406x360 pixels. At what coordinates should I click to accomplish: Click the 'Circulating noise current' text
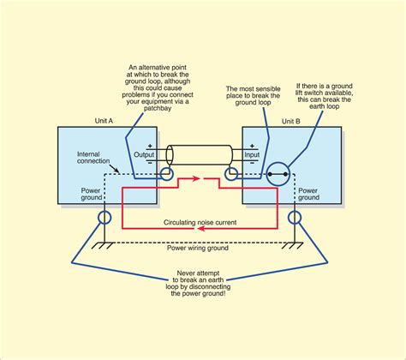point(202,221)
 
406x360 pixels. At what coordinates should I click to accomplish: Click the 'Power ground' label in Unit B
point(308,192)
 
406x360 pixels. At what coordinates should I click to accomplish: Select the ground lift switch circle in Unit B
point(275,177)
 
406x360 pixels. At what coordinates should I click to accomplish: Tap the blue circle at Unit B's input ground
point(231,177)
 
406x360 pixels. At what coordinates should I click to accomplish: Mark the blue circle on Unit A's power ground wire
point(105,216)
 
